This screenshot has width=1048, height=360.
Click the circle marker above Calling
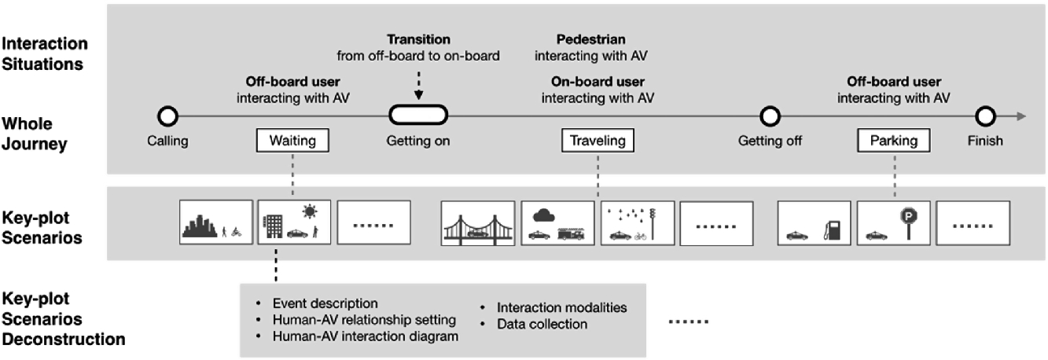167,117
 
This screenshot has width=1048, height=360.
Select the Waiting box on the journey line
292,141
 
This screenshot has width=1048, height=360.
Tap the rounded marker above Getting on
418,116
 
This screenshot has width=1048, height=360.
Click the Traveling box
598,141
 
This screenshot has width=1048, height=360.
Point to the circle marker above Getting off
770,117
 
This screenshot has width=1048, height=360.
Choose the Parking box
894,141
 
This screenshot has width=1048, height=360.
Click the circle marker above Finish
985,117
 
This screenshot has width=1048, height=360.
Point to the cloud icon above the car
543,215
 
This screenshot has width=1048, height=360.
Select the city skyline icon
199,225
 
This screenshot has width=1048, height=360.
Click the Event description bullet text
325,303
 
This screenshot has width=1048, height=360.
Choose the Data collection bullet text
542,324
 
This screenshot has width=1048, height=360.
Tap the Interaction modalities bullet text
561,307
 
